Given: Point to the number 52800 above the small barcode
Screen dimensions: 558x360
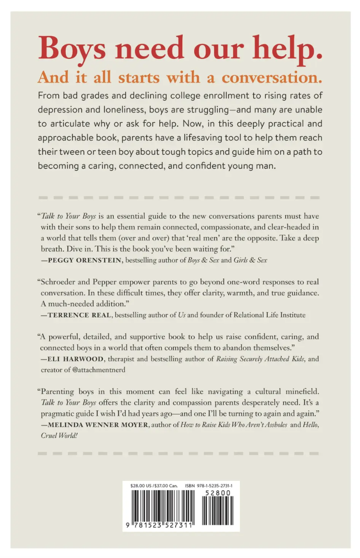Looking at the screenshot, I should coord(218,493).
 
